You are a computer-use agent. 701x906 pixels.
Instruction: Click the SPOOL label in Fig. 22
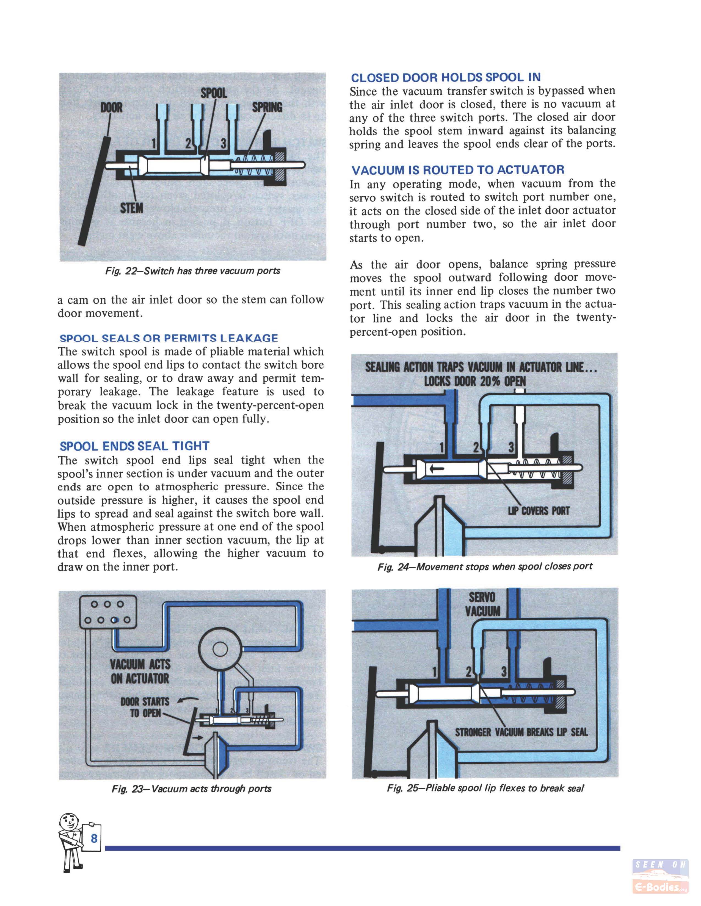click(214, 93)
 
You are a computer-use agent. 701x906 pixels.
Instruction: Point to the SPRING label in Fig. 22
click(267, 107)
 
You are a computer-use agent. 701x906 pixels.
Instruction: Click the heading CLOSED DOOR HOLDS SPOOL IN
click(446, 78)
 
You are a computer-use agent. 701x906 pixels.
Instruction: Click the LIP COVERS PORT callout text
click(538, 511)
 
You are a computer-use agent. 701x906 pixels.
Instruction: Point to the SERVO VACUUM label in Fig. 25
click(482, 604)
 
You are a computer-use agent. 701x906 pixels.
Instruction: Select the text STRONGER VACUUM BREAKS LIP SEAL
click(521, 732)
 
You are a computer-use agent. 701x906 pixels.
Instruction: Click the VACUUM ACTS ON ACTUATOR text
click(140, 672)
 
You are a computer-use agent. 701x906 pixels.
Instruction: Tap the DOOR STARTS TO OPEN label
click(145, 707)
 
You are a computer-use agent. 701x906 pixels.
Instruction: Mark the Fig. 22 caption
click(193, 271)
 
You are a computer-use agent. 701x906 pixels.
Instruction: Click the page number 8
click(94, 838)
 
